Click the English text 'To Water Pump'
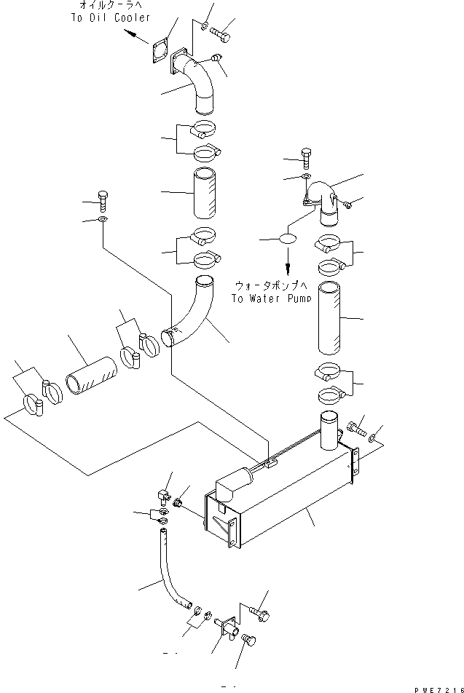click(x=270, y=298)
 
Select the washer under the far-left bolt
click(x=102, y=219)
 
